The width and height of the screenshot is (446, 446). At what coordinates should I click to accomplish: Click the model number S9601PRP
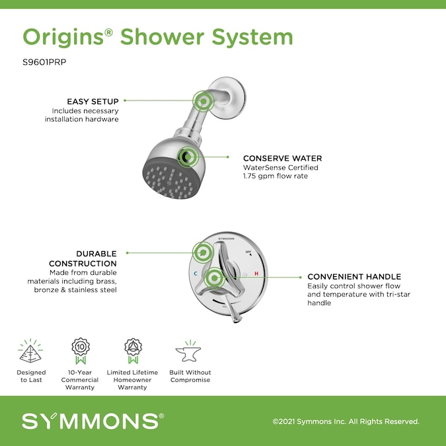point(44,62)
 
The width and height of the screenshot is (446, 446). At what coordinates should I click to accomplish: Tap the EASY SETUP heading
point(93,102)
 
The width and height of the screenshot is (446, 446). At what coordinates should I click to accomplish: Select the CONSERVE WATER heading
point(282,158)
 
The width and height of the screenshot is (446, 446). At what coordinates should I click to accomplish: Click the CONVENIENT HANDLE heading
point(354,276)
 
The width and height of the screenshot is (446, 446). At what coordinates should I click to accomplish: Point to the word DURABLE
point(96,254)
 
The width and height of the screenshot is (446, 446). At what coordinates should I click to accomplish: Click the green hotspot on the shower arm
point(204,101)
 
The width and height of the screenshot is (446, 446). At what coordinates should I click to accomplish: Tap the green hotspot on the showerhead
point(188,157)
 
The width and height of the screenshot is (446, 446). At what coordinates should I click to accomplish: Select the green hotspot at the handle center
point(214,278)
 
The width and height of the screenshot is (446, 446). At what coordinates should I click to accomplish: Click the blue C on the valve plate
point(196,274)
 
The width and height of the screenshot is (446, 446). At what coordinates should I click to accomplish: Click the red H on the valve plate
point(256,274)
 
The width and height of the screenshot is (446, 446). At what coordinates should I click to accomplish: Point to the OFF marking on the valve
point(248,252)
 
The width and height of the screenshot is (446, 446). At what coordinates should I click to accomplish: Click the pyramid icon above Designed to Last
point(30,351)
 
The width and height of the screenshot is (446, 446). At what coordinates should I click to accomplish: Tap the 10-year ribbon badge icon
point(81,351)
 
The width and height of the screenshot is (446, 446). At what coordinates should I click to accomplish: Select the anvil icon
point(188,352)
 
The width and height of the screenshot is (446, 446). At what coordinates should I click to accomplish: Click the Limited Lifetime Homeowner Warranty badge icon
point(133,351)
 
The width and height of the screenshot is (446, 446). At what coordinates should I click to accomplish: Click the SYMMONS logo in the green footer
point(93,421)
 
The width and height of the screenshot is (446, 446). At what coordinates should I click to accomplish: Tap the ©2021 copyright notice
point(346,422)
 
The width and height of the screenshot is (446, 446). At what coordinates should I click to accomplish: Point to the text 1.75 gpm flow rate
point(276,176)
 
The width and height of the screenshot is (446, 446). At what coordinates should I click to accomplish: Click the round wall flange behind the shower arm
point(227,98)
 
